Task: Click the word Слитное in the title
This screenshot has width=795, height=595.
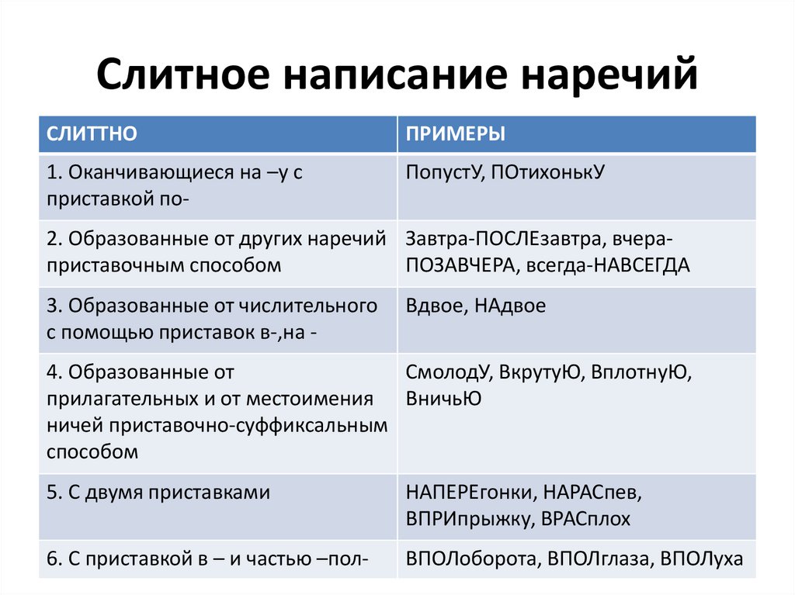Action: coord(183,74)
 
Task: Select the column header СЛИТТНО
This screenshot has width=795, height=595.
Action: coord(92,133)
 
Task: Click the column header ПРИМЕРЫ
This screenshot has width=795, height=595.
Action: coord(455,133)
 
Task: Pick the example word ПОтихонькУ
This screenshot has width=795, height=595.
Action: coord(547,173)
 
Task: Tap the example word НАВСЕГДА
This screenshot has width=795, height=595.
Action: coord(641,265)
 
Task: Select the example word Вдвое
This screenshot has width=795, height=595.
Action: coord(436,306)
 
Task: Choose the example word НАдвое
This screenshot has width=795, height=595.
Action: coord(510,306)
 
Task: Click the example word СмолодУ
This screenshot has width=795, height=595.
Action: coord(448,372)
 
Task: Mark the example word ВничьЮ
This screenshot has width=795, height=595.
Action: coord(443,399)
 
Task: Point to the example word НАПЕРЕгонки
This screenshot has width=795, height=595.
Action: coord(471,493)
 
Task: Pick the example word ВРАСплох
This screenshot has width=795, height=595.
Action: coord(585,519)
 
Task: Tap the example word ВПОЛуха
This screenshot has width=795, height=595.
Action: coord(702,559)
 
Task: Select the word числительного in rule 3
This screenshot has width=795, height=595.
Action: coord(307,306)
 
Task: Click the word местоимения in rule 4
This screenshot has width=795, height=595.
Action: coord(310,399)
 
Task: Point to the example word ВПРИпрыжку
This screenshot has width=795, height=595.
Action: coord(469,519)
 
